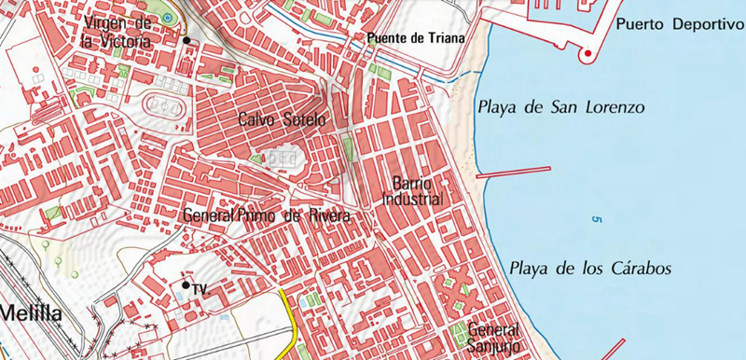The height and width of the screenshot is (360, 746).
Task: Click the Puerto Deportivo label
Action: [x=679, y=23]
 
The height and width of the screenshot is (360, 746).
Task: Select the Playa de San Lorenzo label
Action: [x=560, y=107]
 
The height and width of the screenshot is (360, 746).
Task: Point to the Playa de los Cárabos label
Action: [x=591, y=269]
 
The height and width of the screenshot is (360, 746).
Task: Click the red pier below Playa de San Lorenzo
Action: [x=513, y=172]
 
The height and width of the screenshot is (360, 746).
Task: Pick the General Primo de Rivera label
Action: [x=267, y=216]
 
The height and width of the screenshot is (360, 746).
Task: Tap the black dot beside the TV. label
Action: [x=186, y=285]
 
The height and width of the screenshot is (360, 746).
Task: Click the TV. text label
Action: [x=199, y=290]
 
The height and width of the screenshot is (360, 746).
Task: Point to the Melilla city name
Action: [x=30, y=314]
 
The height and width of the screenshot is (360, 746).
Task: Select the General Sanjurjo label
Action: [x=492, y=338]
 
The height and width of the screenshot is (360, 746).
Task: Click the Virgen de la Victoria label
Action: [x=117, y=30]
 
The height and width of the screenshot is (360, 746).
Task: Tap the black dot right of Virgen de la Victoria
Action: [x=186, y=40]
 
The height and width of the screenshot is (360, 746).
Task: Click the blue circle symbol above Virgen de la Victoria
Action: [x=168, y=18]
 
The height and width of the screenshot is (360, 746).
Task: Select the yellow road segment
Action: [x=291, y=317]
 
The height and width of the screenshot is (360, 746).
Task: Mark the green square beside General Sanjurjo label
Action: [x=457, y=332]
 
